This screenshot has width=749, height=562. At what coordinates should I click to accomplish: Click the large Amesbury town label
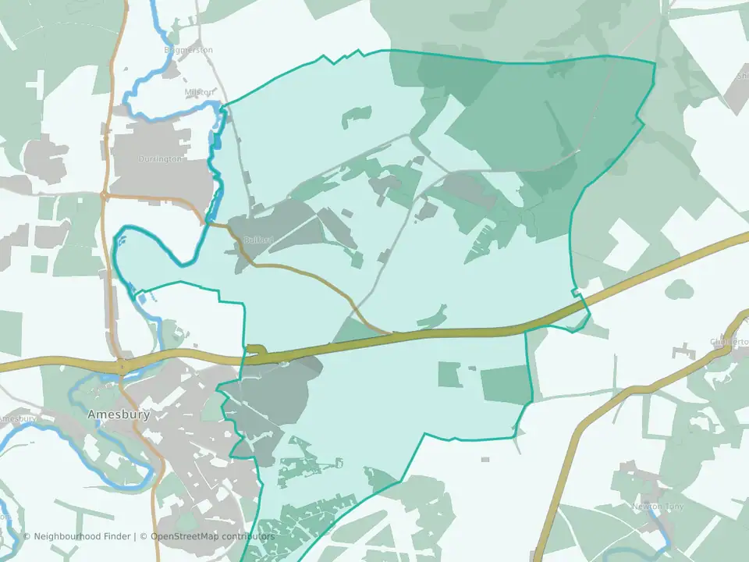click(x=119, y=414)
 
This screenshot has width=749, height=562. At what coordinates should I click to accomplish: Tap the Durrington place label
click(x=161, y=158)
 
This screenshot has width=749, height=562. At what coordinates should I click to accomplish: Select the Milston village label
click(x=198, y=92)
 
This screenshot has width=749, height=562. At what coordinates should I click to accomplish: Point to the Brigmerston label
click(x=188, y=50)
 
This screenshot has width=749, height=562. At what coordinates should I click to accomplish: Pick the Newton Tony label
click(x=656, y=507)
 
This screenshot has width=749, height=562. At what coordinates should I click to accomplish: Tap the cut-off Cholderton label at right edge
click(x=730, y=342)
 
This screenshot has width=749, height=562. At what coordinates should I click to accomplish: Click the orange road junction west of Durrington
click(x=104, y=195)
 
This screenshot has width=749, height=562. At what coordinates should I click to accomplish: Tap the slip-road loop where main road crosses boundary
click(x=257, y=352)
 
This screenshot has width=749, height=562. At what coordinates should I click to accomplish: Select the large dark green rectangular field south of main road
click(x=506, y=385)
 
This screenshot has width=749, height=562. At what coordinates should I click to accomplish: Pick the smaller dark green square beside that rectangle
click(x=449, y=374)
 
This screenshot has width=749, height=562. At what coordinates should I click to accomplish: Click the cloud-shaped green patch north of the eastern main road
click(x=679, y=290)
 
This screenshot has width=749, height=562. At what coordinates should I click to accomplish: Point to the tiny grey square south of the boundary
click(x=485, y=459)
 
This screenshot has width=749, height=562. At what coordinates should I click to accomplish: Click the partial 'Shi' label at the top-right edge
click(x=741, y=76)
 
